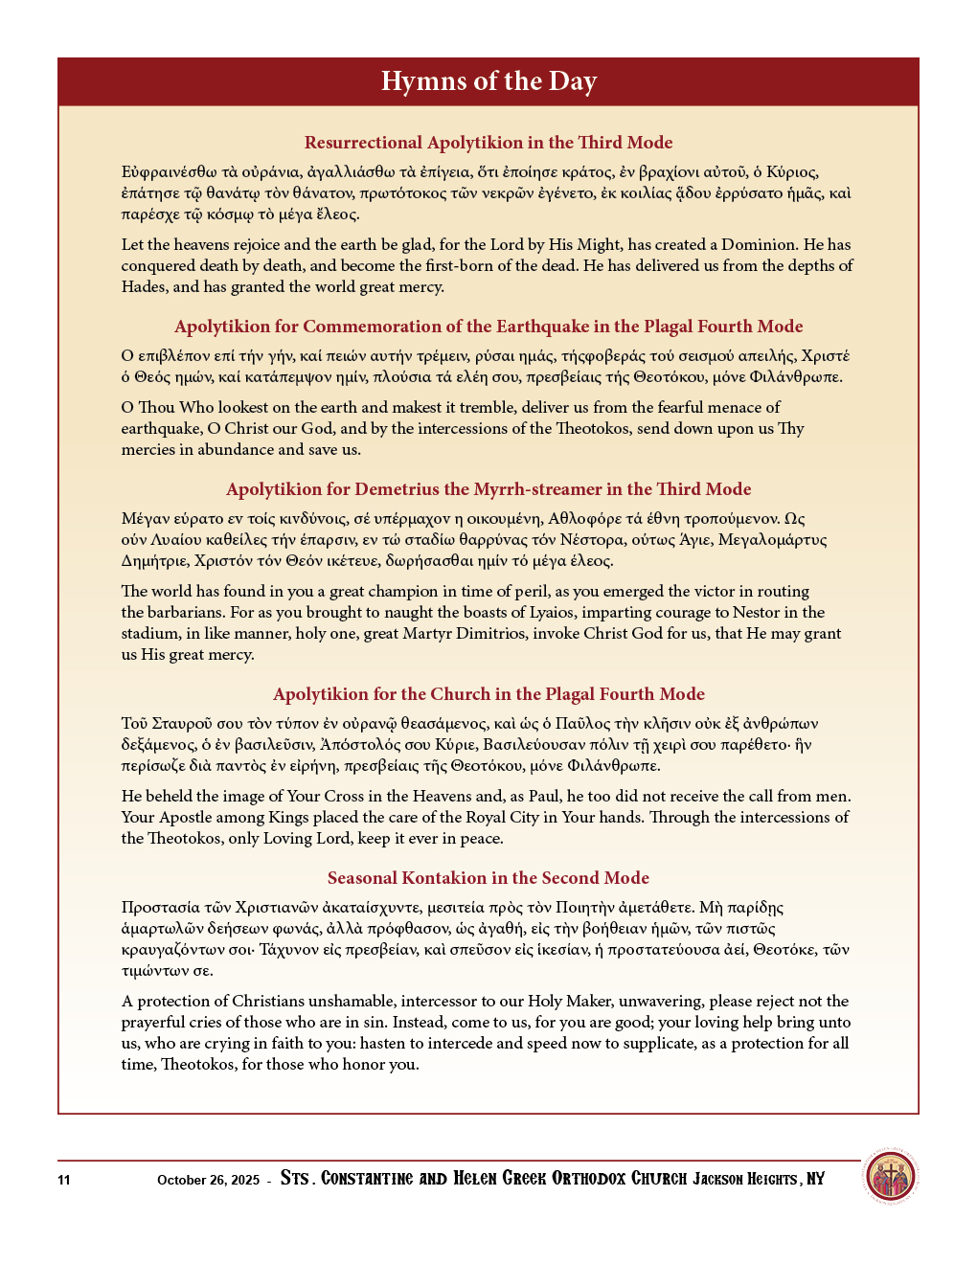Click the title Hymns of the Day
488,81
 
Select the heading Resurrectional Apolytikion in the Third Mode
488,143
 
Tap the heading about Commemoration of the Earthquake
488,327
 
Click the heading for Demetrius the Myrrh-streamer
488,489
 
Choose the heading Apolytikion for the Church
488,694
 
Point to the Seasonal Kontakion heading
488,878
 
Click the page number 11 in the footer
64,1180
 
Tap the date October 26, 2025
208,1180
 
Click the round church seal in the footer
891,1177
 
